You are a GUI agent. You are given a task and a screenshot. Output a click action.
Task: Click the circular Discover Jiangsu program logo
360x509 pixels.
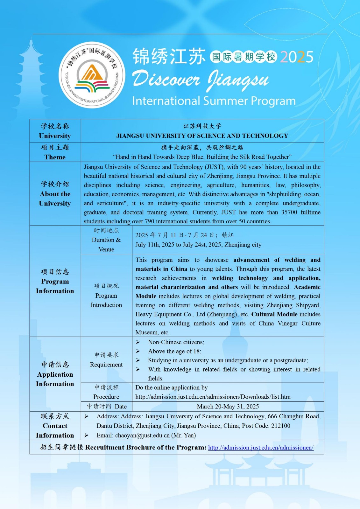[92, 75]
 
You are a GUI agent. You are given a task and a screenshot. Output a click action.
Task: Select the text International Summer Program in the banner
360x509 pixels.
[214, 101]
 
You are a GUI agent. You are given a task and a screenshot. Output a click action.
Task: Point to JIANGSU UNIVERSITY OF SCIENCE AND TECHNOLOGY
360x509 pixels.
[202, 136]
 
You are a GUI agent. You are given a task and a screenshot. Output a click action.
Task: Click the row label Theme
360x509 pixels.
[55, 157]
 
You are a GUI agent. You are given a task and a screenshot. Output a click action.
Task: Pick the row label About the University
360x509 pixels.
[55, 199]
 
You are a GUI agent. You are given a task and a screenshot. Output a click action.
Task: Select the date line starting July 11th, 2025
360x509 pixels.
[198, 245]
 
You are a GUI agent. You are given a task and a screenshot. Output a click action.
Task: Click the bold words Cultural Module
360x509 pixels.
[274, 314]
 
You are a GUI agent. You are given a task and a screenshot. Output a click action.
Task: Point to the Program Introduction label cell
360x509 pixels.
[106, 300]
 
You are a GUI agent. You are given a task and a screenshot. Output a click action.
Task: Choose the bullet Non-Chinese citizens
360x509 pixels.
[176, 342]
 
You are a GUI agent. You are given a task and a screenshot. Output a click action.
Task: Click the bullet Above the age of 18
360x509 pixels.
[174, 351]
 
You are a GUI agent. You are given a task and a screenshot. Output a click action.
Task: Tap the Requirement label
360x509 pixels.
[106, 365]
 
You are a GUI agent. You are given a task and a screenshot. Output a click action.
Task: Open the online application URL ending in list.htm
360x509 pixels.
[213, 397]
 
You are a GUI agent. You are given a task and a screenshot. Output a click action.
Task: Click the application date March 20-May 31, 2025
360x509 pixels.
[228, 407]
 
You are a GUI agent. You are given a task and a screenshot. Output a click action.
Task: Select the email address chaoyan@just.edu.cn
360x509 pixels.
[142, 435]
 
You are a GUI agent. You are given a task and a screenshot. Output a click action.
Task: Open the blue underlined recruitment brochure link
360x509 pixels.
[261, 448]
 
